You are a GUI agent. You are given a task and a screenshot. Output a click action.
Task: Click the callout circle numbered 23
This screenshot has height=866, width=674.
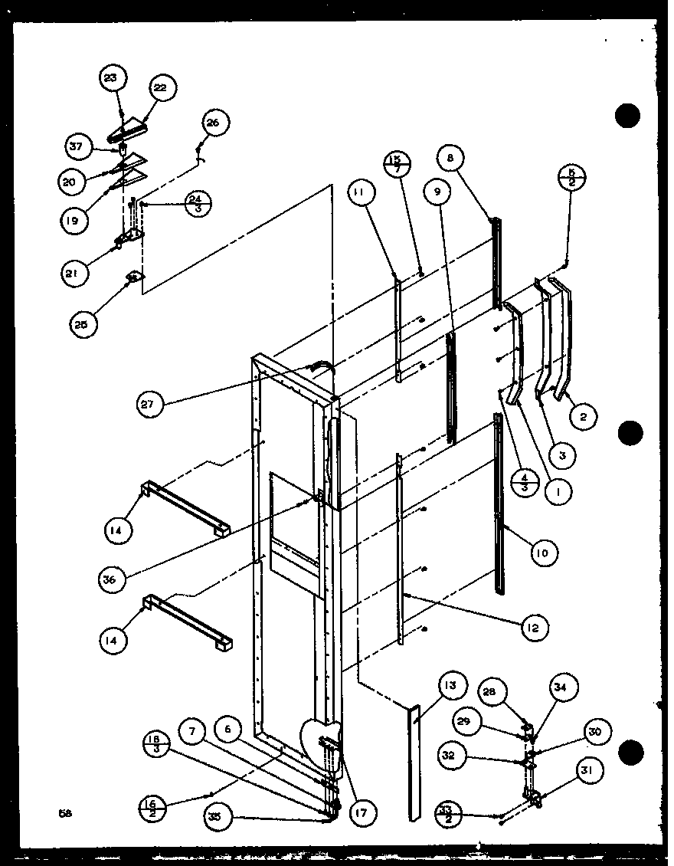coord(113,78)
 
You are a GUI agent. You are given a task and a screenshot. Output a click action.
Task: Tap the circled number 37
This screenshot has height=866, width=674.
coord(77,146)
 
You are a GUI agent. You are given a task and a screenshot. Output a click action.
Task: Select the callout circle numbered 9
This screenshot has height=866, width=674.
coord(437,192)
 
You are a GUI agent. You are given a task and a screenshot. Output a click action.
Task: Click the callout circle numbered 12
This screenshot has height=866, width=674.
coord(534,628)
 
